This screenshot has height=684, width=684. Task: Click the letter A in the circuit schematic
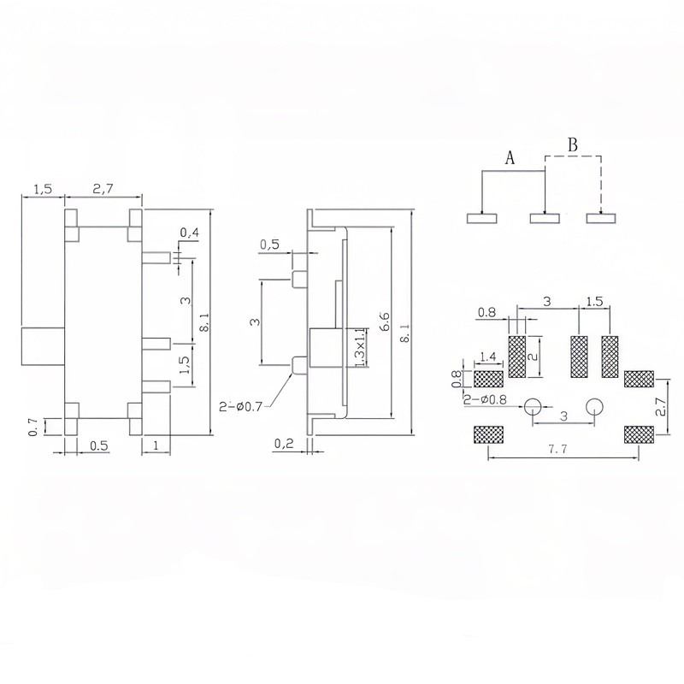(510, 158)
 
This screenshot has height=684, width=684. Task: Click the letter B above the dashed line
(573, 144)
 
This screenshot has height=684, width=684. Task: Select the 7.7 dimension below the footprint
(560, 450)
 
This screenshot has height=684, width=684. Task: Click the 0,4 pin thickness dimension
(190, 233)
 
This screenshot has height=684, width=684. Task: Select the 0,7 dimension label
(33, 425)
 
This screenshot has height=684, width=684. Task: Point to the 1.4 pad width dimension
(488, 357)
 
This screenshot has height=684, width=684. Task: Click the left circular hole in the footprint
(534, 405)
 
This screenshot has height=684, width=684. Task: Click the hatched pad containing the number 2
(519, 357)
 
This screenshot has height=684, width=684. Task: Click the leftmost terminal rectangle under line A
(482, 218)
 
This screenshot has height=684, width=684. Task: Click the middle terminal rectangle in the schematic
(545, 218)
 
